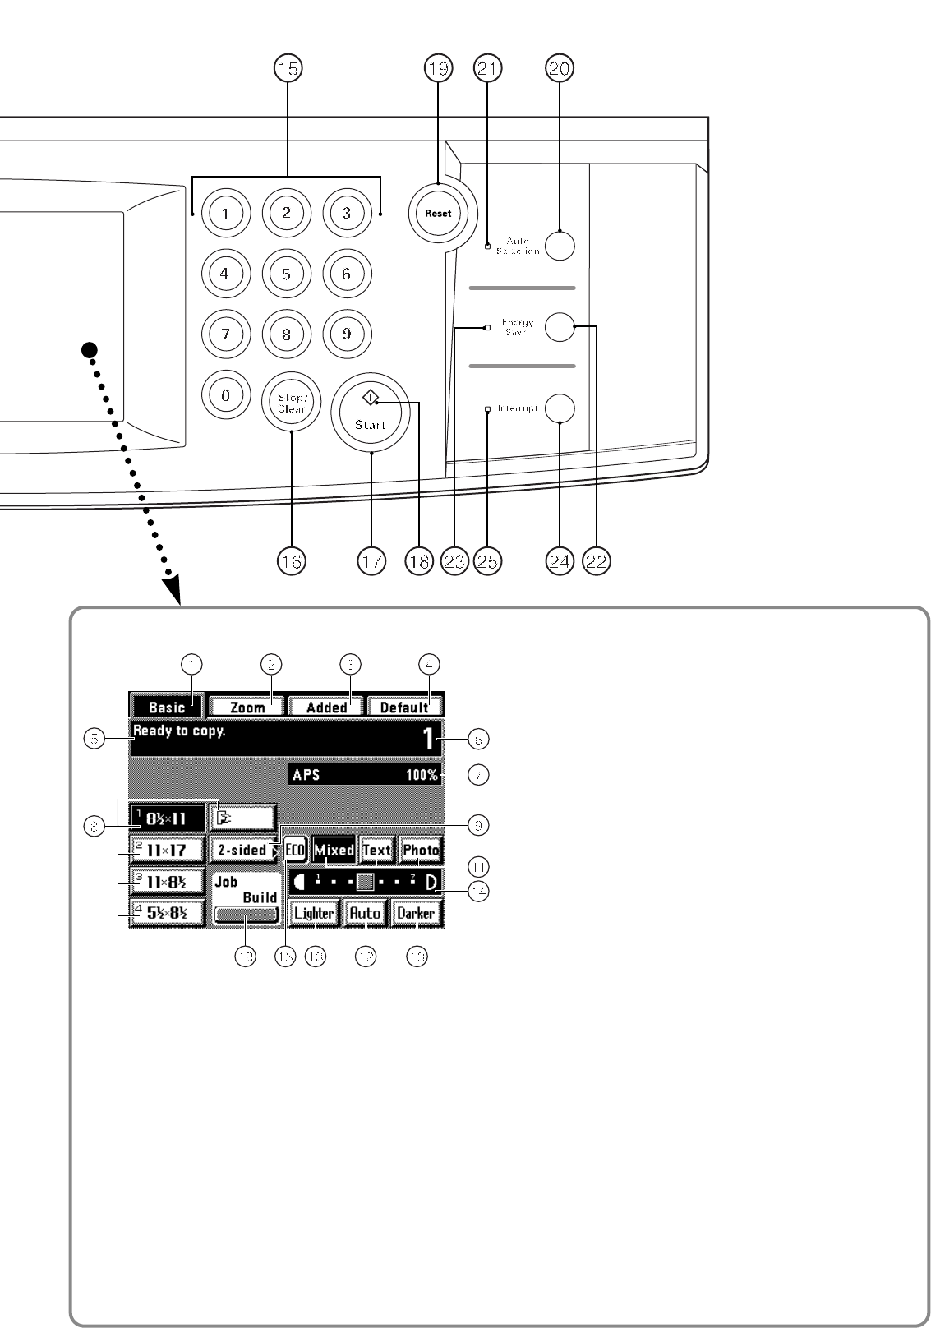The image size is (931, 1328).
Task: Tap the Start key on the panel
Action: (x=370, y=413)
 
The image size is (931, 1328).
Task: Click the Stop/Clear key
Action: (x=291, y=403)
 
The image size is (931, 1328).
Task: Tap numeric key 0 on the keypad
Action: (x=225, y=395)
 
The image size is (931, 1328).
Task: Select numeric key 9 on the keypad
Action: (x=347, y=334)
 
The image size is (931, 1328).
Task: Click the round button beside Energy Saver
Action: (x=560, y=326)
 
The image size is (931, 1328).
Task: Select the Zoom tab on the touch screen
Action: (x=247, y=707)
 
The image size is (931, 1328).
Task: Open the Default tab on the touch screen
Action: (x=404, y=707)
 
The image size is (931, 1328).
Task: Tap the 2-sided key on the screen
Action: (x=243, y=850)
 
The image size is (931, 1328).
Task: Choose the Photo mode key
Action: (x=421, y=850)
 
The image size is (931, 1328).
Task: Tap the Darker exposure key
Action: (x=416, y=913)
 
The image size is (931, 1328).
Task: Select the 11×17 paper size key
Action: (x=167, y=851)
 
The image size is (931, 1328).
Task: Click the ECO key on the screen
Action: (x=296, y=850)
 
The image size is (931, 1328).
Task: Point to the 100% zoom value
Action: (x=422, y=775)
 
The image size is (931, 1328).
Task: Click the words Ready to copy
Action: (x=179, y=731)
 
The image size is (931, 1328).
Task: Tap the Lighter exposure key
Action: (x=314, y=913)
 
